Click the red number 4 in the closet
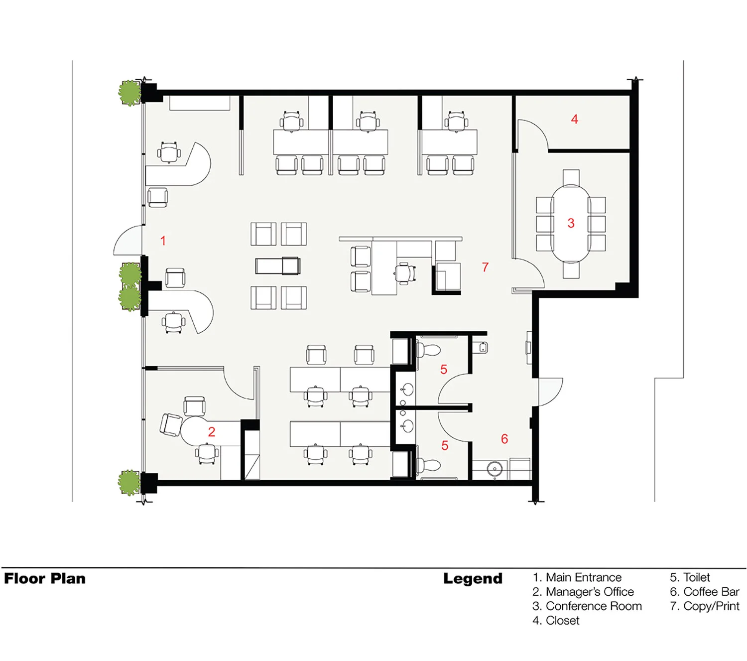pyautogui.click(x=574, y=119)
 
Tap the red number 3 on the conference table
pyautogui.click(x=571, y=223)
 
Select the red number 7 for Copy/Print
pyautogui.click(x=485, y=266)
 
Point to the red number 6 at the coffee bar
pyautogui.click(x=504, y=438)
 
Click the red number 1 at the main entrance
pyautogui.click(x=163, y=241)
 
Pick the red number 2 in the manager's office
pyautogui.click(x=211, y=431)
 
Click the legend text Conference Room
pyautogui.click(x=594, y=606)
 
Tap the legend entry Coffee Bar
pyautogui.click(x=711, y=592)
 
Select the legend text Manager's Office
pyautogui.click(x=590, y=592)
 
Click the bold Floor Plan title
pyautogui.click(x=45, y=579)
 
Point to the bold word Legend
pyautogui.click(x=473, y=579)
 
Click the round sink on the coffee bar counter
pyautogui.click(x=495, y=470)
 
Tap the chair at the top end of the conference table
pyautogui.click(x=571, y=177)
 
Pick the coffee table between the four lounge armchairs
pyautogui.click(x=278, y=265)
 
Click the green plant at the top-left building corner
pyautogui.click(x=129, y=93)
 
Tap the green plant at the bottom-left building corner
pyautogui.click(x=129, y=483)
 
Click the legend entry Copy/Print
pyautogui.click(x=711, y=606)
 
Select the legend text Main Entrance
pyautogui.click(x=583, y=577)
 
